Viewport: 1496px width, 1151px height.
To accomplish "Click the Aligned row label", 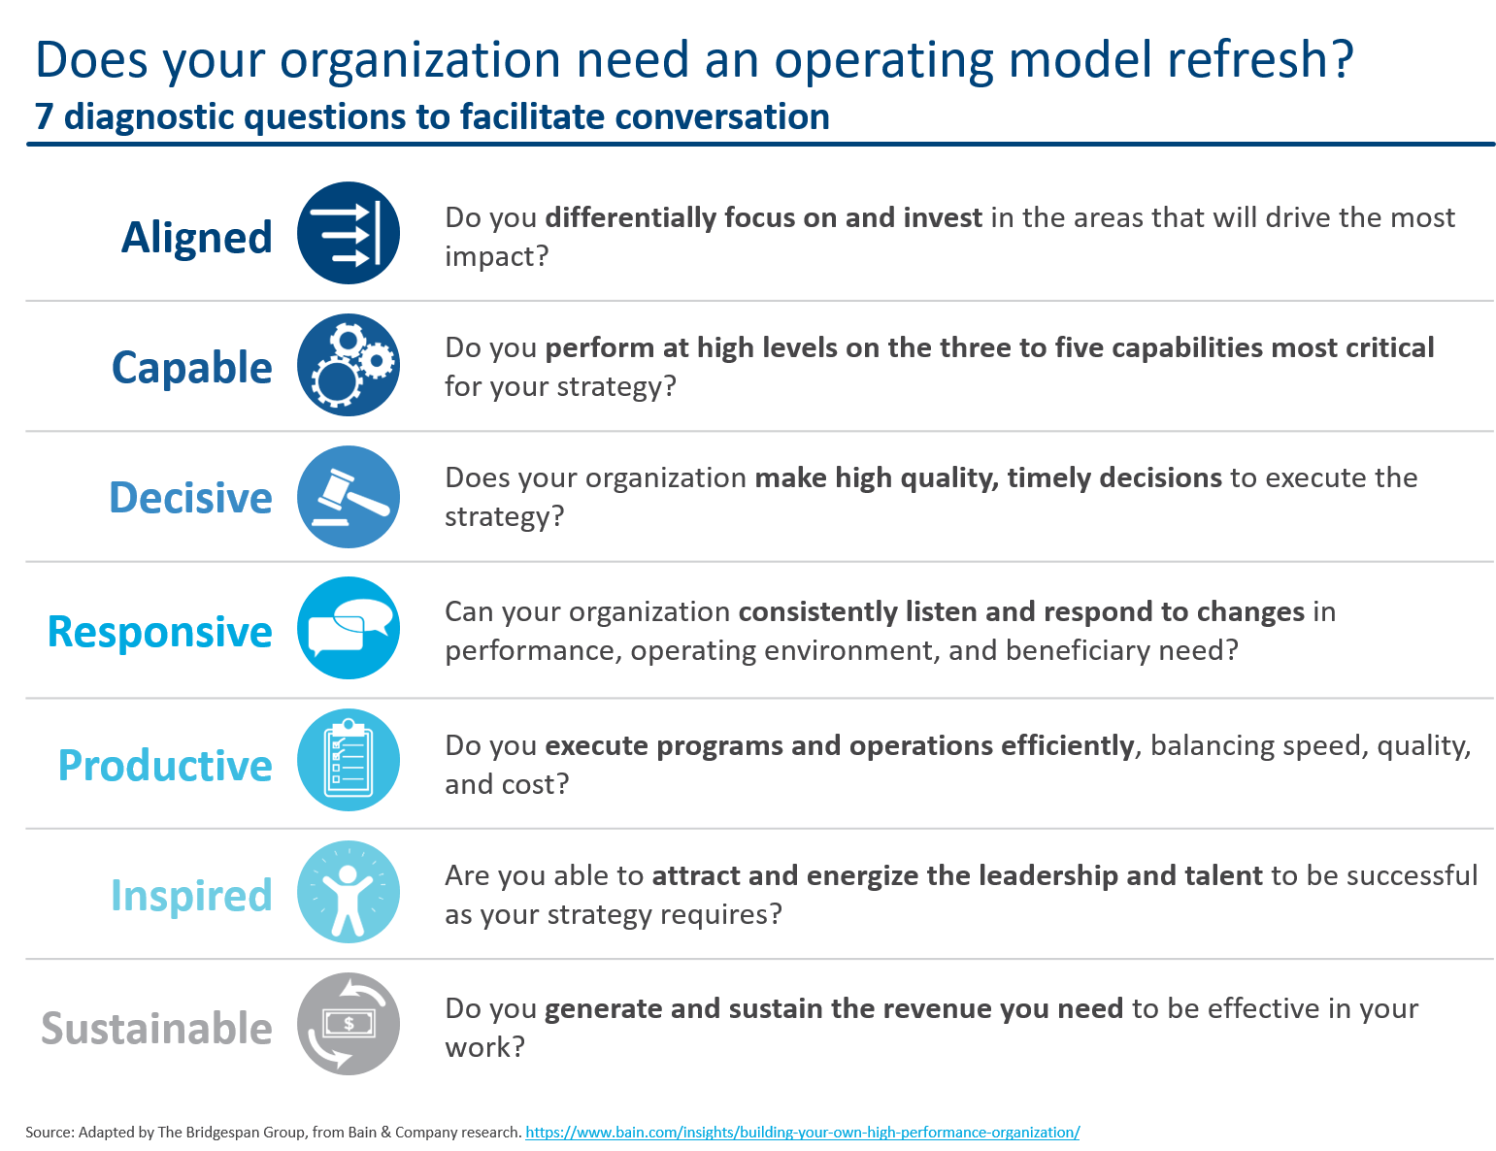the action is coord(197,238).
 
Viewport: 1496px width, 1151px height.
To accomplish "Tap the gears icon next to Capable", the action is coord(349,365).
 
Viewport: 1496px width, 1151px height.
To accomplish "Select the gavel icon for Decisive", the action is coord(349,497).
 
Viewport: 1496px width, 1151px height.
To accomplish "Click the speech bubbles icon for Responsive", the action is coord(349,628).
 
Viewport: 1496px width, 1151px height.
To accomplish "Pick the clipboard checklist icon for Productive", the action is coord(349,760).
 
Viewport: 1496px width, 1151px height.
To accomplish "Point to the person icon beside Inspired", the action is coord(349,892).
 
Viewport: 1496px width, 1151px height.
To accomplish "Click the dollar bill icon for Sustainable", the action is coord(349,1024).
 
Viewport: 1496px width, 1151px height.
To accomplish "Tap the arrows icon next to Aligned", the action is coord(349,233).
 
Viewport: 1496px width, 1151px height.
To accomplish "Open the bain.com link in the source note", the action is coord(803,1133).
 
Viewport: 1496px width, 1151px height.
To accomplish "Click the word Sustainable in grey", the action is coord(157,1029).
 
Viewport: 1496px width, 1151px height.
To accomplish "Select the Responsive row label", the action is coord(160,632).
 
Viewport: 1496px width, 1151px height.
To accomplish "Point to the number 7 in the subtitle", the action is coord(44,117).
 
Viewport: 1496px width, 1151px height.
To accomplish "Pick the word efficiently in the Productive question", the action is coord(1067,745).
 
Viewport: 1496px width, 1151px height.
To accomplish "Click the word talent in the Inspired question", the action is coord(1223,875).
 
